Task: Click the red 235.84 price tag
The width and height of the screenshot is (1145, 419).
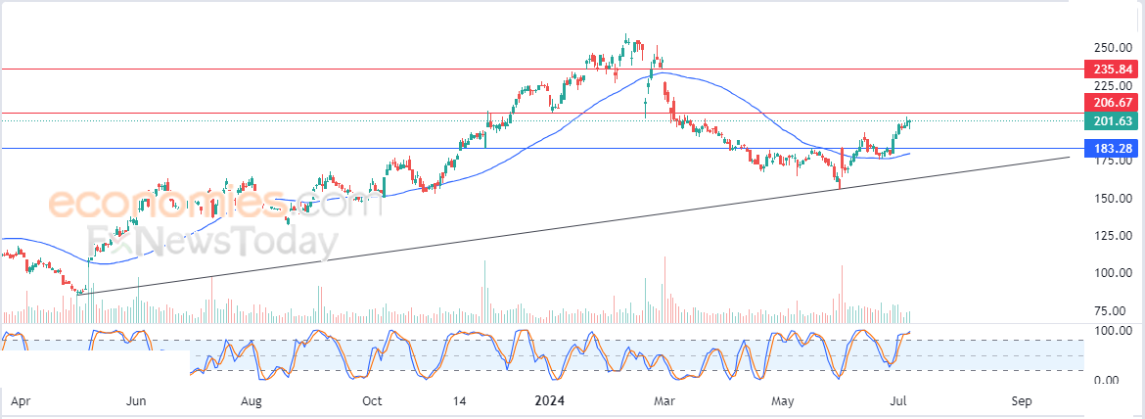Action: pos(1112,70)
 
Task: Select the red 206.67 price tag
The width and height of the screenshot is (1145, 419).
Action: pos(1112,102)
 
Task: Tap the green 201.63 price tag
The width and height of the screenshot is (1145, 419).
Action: pos(1112,120)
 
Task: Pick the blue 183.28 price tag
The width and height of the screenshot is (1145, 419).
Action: pos(1112,148)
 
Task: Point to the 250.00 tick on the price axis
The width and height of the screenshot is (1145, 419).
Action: pos(1113,47)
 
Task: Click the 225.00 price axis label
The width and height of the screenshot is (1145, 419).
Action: pos(1113,85)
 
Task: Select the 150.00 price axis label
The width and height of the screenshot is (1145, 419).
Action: pos(1113,198)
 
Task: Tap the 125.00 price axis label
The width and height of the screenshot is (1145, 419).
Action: pos(1113,236)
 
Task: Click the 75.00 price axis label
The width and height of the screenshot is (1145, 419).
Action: pos(1113,311)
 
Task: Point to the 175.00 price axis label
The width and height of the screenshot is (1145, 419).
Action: pos(1113,161)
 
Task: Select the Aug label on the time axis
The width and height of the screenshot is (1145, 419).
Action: pos(252,400)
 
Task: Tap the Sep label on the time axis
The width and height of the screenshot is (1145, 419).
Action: pos(1022,400)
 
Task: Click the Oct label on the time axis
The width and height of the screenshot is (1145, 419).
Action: pos(371,400)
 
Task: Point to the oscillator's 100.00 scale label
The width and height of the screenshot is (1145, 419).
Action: pos(1113,331)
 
